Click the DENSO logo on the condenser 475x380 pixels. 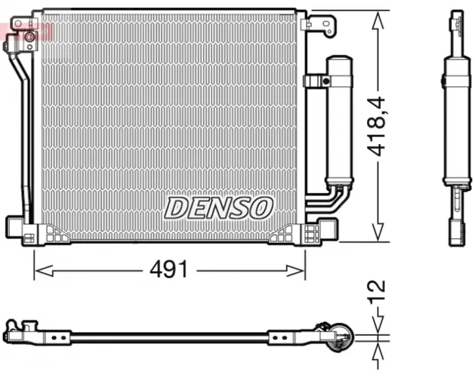coord(218,208)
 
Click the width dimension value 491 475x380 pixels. coord(169,269)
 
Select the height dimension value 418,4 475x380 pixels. coord(376,127)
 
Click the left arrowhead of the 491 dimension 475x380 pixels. coord(44,271)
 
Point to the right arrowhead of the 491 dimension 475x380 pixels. coord(296,271)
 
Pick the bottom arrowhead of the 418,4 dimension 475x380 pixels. coord(378,233)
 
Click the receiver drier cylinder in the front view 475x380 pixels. coord(339,120)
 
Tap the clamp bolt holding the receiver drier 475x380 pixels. coord(326,81)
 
